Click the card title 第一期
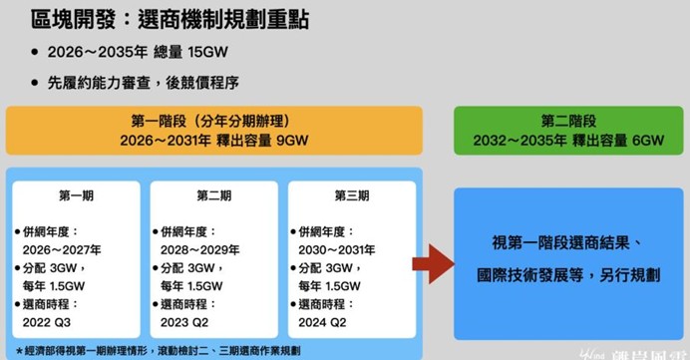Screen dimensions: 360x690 click(75, 195)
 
